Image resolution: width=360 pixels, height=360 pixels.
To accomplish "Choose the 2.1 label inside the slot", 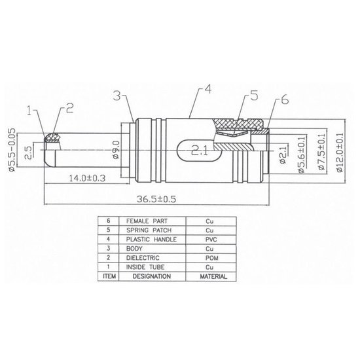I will tap(200, 151).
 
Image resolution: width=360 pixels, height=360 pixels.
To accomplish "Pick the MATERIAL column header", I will tap(209, 277).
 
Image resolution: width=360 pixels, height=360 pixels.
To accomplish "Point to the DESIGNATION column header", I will tap(147, 277).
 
